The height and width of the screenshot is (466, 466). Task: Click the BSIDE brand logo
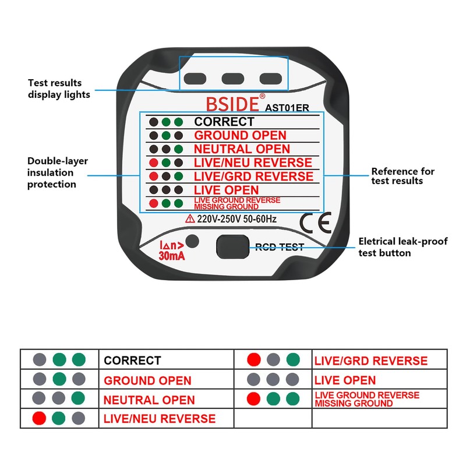[x=232, y=104]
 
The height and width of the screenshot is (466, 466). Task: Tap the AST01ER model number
[x=288, y=107]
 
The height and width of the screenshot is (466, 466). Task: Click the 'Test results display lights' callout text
[x=59, y=89]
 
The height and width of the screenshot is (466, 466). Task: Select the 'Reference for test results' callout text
[x=403, y=176]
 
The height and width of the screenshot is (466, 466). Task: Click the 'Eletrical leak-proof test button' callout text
[x=403, y=247]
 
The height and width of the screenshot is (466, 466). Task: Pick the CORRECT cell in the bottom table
[x=132, y=361]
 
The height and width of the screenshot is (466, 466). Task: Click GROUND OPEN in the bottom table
[x=147, y=381]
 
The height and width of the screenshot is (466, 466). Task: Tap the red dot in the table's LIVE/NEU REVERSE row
[x=40, y=418]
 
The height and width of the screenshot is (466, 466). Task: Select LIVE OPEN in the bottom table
[x=345, y=380]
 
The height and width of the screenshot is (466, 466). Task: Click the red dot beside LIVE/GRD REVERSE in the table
[x=253, y=360]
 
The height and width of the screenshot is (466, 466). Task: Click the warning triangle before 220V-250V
[x=190, y=219]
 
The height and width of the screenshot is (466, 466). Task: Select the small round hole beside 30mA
[x=193, y=242]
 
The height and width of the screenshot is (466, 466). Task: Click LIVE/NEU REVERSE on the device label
[x=253, y=163]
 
